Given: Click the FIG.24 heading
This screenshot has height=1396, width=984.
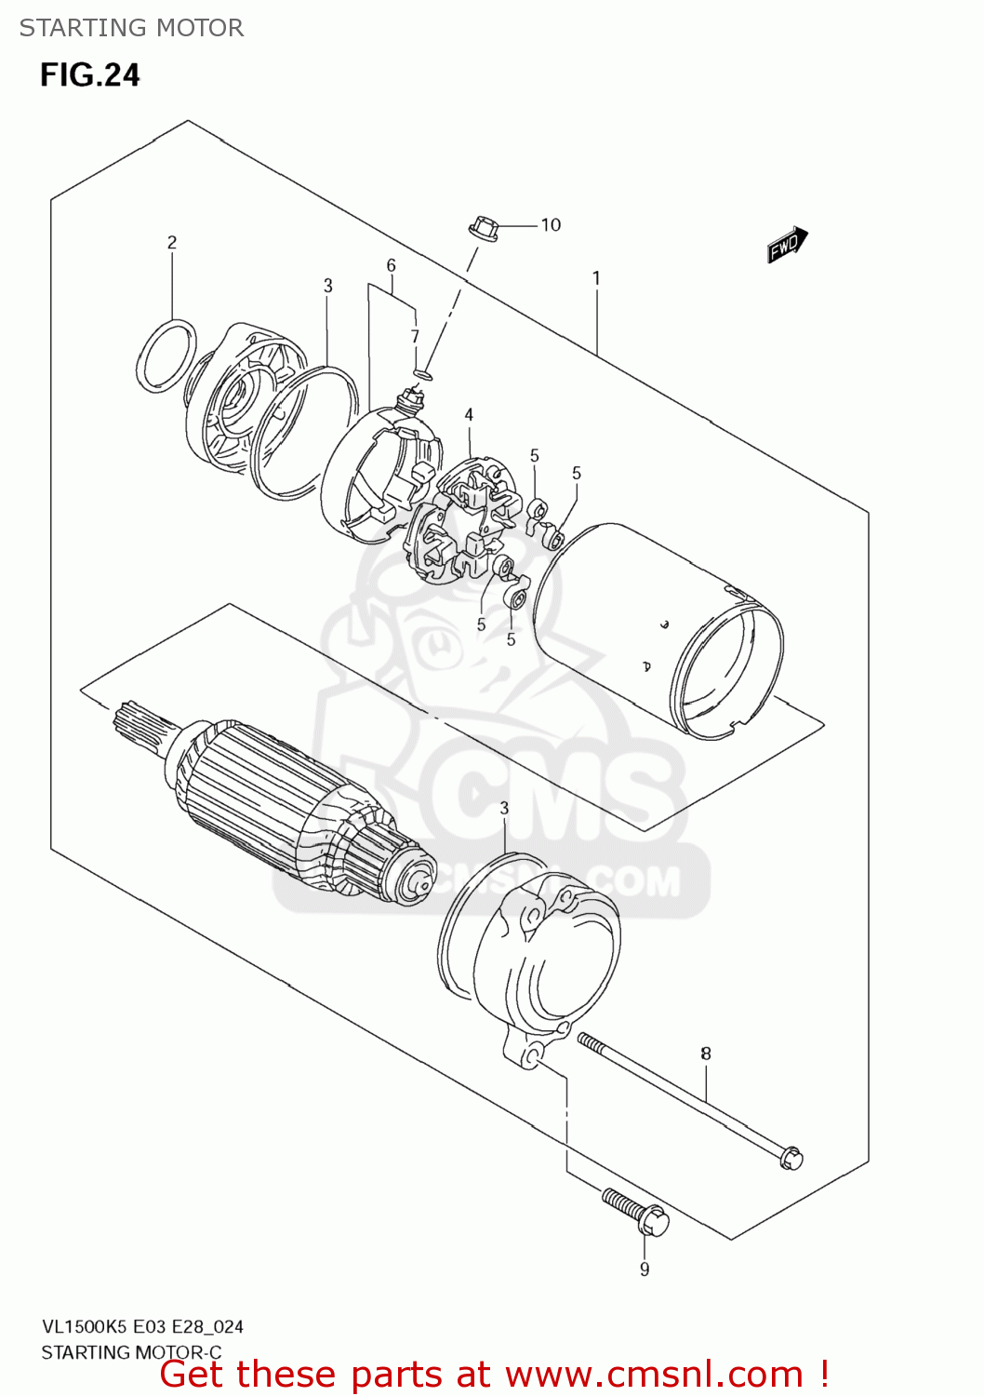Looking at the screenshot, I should (90, 74).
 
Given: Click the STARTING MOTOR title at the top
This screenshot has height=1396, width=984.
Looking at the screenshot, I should (131, 28).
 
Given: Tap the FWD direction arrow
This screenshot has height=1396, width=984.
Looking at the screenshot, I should (787, 245).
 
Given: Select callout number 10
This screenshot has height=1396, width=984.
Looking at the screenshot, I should (551, 224).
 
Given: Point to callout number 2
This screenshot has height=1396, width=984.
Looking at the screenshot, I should (172, 242).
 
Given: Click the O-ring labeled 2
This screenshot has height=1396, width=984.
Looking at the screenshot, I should (166, 356).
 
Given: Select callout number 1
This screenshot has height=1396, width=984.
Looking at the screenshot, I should (596, 277).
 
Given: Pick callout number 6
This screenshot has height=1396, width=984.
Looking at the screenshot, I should (392, 265).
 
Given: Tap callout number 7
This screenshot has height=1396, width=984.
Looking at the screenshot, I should (415, 336).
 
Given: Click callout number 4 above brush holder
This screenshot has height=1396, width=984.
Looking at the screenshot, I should (469, 414).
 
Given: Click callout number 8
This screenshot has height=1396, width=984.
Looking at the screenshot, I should (706, 1054).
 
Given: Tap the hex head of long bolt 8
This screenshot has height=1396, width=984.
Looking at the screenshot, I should (791, 1158).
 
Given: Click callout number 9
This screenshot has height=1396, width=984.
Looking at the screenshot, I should (645, 1269).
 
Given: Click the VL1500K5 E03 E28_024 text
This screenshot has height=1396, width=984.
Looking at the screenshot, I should (142, 1326).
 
